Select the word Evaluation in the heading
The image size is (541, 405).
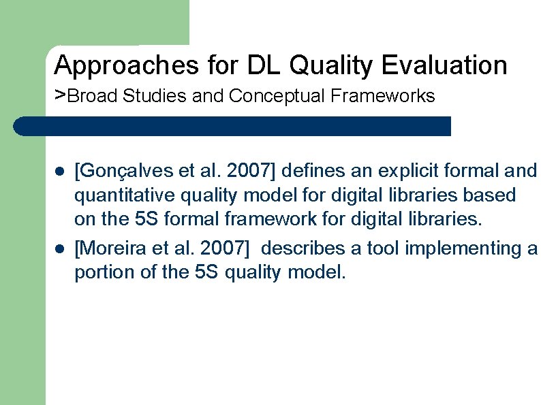[x=444, y=66]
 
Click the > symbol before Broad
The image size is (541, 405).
[x=60, y=94]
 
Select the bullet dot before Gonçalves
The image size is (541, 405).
[x=59, y=170]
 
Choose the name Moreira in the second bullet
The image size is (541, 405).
[x=109, y=248]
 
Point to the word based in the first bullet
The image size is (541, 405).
[x=491, y=196]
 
